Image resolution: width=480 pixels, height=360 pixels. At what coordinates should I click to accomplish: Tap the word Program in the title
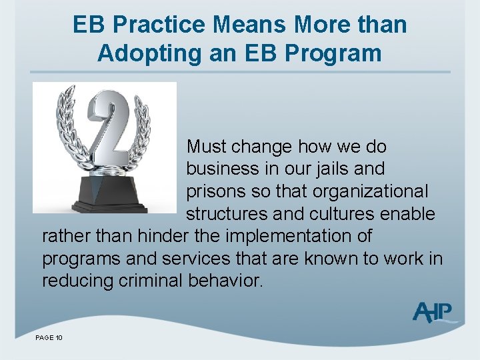(340, 53)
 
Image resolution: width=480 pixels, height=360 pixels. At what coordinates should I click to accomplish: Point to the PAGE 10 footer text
(49, 339)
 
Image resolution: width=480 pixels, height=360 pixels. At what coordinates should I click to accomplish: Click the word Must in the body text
(208, 147)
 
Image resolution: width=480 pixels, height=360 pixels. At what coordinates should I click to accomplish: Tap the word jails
(323, 169)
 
